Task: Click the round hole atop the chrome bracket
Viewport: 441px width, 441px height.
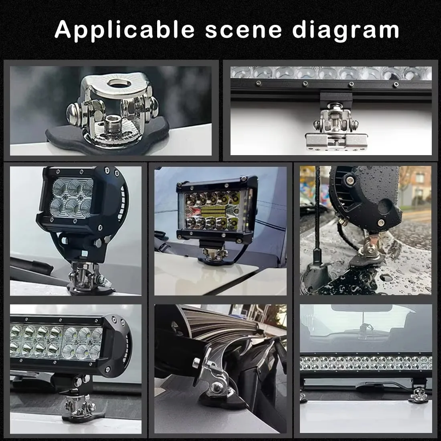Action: (x=118, y=83)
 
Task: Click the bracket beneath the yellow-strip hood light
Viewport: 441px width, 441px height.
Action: (x=215, y=255)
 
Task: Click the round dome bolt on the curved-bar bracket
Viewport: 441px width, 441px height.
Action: (x=216, y=388)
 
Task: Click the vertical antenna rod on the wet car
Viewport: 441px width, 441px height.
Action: (x=318, y=208)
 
